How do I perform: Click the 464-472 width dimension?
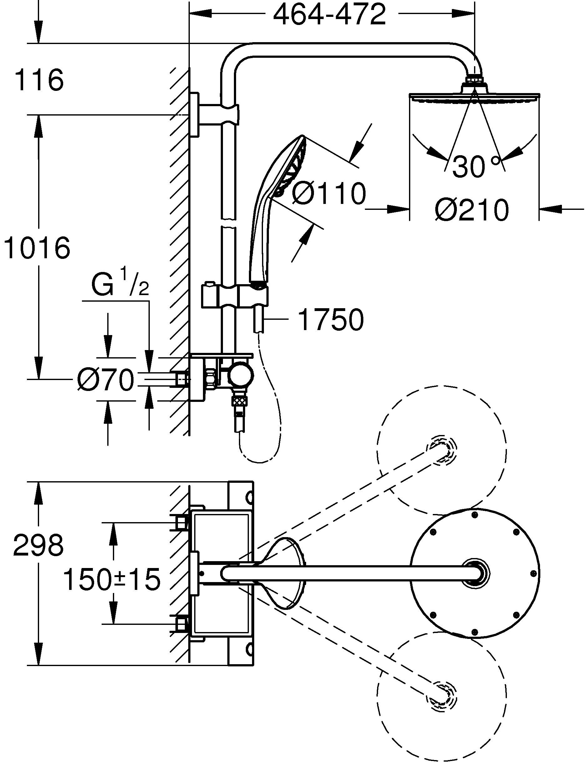coord(329,15)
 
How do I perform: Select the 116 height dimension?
coord(39,81)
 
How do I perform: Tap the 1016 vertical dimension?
coord(37,248)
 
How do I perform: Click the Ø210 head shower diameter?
coord(472,210)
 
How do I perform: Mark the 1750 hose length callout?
coord(331,319)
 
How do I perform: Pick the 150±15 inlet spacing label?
coord(112,579)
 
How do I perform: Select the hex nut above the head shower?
coord(474,81)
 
